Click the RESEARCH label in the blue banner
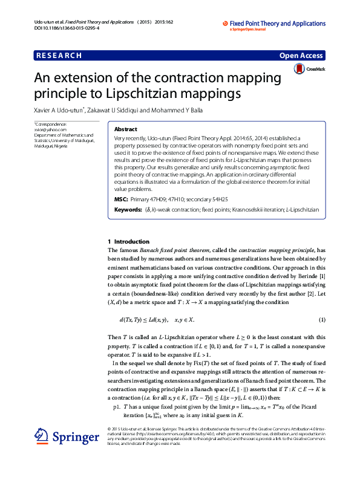(x=59, y=56)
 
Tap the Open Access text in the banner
(x=301, y=56)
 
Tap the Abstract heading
(x=125, y=129)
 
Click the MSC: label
(x=121, y=199)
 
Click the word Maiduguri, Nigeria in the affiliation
(x=51, y=146)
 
